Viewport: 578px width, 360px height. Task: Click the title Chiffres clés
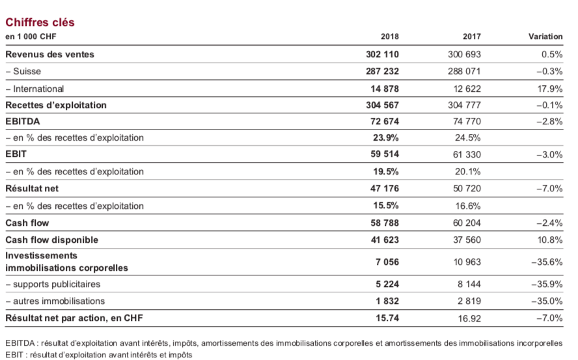tap(40, 23)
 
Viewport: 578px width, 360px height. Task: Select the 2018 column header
tap(390, 36)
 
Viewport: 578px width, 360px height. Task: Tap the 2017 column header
tap(472, 36)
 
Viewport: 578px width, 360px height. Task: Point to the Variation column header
tap(545, 36)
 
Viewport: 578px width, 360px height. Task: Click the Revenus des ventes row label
tap(49, 54)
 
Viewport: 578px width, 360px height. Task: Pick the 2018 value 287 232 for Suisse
tap(382, 71)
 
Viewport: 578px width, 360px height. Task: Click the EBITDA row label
tap(23, 121)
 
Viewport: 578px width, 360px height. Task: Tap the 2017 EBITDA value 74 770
tap(467, 121)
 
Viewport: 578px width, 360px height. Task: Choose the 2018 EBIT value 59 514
tap(385, 154)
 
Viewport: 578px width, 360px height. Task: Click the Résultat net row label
tap(32, 189)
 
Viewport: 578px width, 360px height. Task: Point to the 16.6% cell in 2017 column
tap(468, 206)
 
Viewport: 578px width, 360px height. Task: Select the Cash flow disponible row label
tap(51, 240)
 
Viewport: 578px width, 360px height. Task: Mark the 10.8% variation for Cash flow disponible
tap(550, 240)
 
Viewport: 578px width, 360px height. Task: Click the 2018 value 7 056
tap(387, 262)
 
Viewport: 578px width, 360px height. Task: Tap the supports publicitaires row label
tap(53, 284)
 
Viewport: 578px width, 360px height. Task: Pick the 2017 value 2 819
tap(469, 301)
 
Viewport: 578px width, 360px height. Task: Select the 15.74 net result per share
tap(387, 318)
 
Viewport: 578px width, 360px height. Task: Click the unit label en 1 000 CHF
tap(31, 36)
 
